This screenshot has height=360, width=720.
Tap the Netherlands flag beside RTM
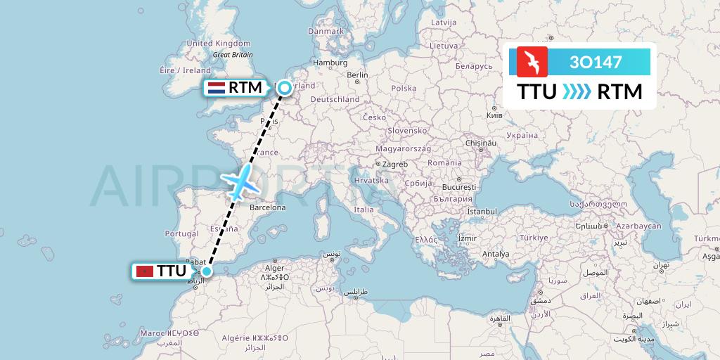pos(216,89)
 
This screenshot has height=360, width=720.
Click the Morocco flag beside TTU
pos(144,271)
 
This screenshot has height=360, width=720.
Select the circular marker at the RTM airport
pos(284,88)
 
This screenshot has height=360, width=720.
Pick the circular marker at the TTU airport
pos(207,271)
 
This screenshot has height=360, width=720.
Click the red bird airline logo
pos(532,62)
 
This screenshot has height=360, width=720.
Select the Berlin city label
pos(357,75)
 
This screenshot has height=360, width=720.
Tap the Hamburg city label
pos(331,63)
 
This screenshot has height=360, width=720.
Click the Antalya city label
pos(496,254)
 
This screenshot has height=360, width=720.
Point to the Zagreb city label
pos(396,164)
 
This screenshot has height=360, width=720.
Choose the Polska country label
pos(404,89)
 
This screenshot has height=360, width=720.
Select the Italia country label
pos(364,210)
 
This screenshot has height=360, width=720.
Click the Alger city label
pos(274,268)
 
